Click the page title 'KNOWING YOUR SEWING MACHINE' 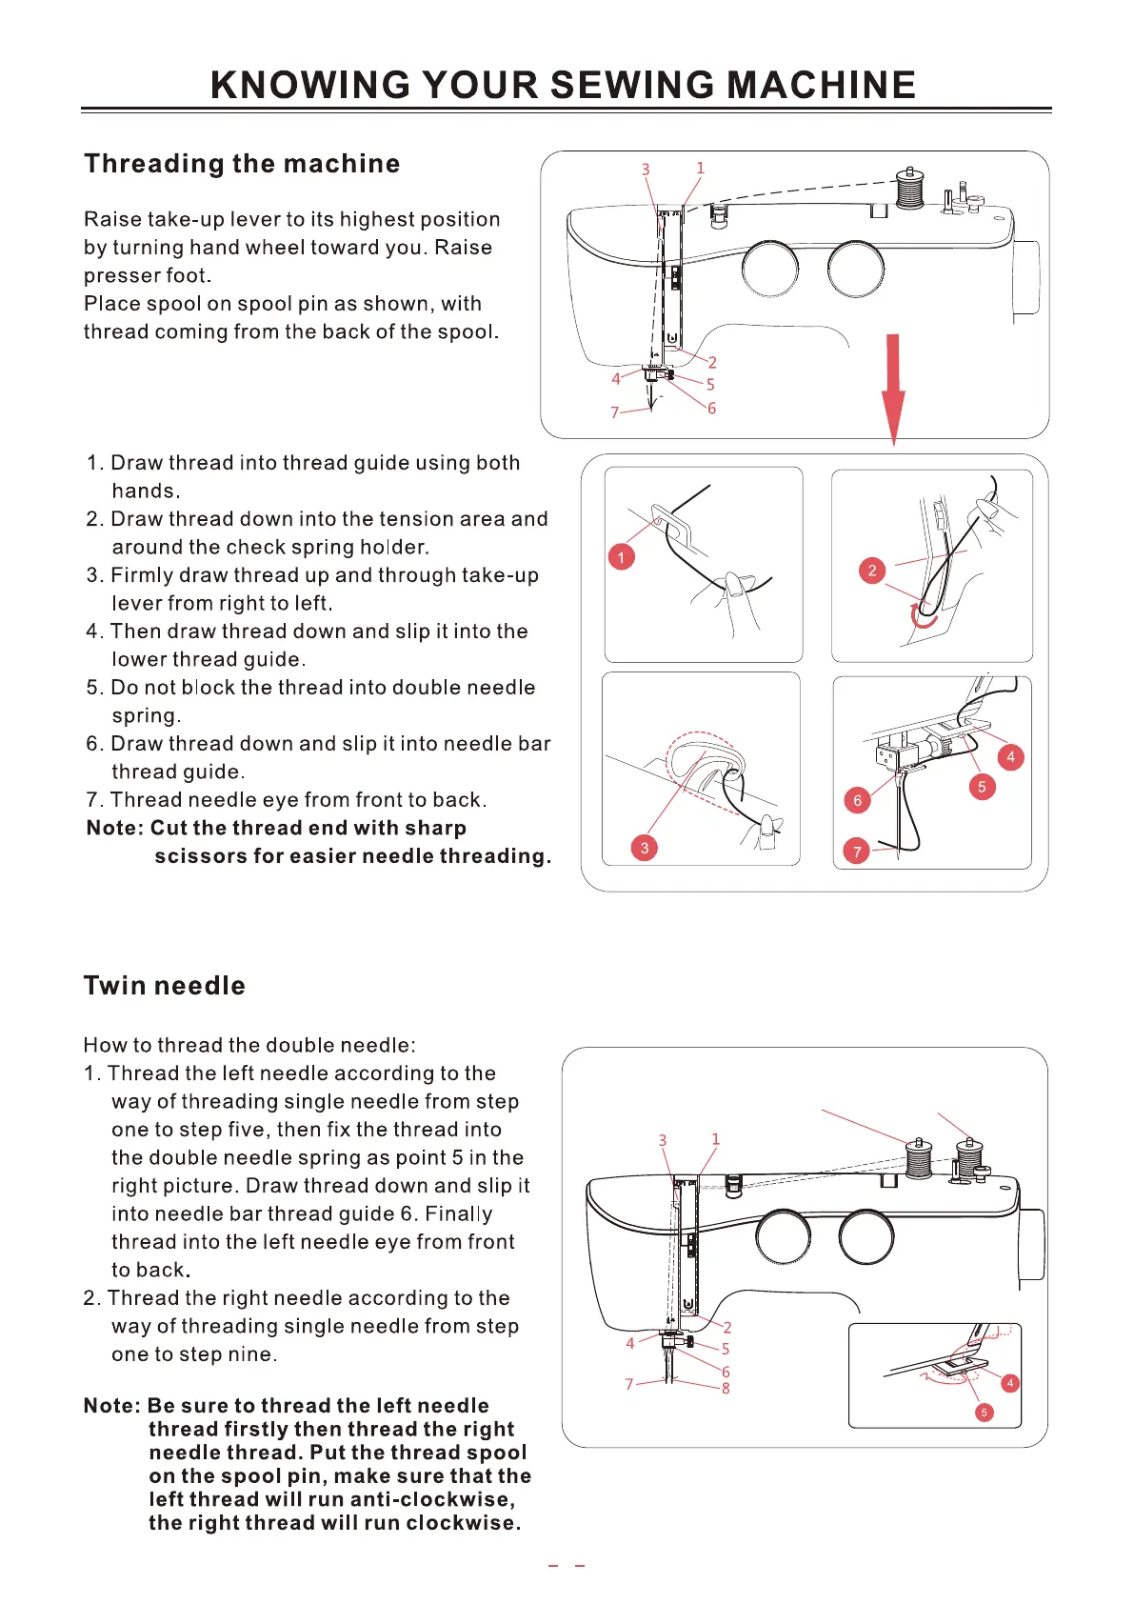coord(563,86)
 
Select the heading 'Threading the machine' coord(242,164)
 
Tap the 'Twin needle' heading coord(165,986)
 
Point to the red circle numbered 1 coord(621,557)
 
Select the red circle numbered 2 coord(871,571)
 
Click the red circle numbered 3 coord(645,848)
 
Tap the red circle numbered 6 coord(857,800)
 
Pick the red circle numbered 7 coord(857,852)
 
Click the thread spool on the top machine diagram coord(910,189)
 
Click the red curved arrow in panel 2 coord(922,617)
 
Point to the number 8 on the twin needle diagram coord(726,1389)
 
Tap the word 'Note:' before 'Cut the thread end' coord(114,829)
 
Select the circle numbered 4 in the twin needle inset coord(1010,1383)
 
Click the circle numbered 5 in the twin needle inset coord(984,1413)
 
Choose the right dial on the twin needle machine coord(866,1236)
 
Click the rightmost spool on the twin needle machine coord(969,1158)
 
